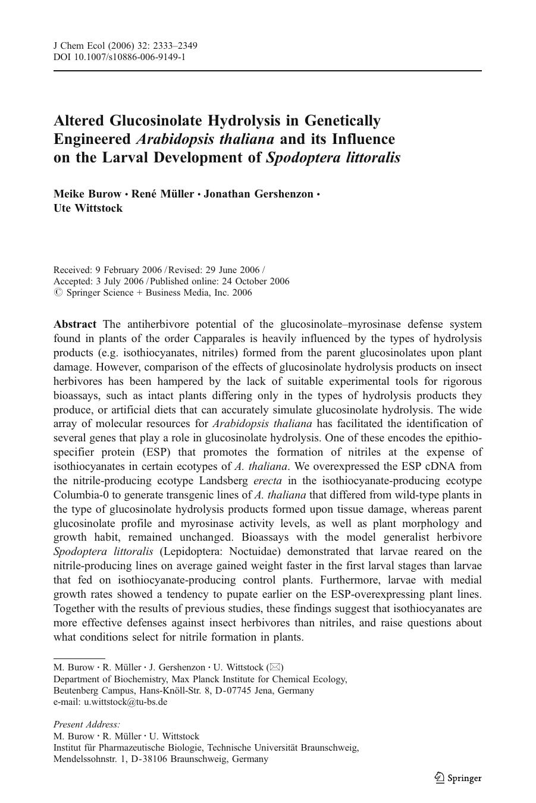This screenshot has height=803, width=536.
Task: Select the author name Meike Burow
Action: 87,194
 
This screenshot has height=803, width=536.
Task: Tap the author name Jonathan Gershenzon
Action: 258,194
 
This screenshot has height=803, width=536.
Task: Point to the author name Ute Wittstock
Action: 88,208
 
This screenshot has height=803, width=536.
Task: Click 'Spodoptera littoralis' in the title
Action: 334,158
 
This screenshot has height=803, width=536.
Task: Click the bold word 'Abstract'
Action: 75,324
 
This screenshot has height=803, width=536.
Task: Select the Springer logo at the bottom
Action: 457,777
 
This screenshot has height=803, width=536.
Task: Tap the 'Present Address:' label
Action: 87,724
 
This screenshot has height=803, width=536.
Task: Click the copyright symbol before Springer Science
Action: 58,293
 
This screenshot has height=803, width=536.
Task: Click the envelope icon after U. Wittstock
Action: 275,667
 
